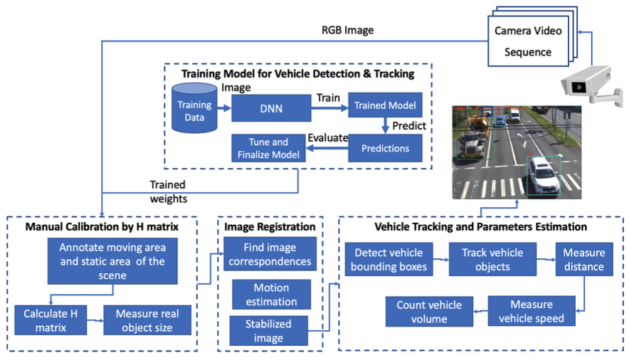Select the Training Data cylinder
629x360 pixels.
tap(194, 109)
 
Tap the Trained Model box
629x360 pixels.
tap(384, 106)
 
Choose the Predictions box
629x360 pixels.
tap(385, 149)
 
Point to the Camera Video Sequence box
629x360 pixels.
tap(528, 41)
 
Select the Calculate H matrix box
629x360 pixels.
tap(51, 320)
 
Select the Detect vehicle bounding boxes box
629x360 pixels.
tap(388, 260)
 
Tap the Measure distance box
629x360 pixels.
tap(583, 260)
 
